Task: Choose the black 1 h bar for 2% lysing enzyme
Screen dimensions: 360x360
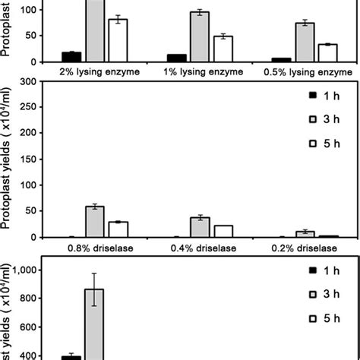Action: (x=73, y=57)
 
